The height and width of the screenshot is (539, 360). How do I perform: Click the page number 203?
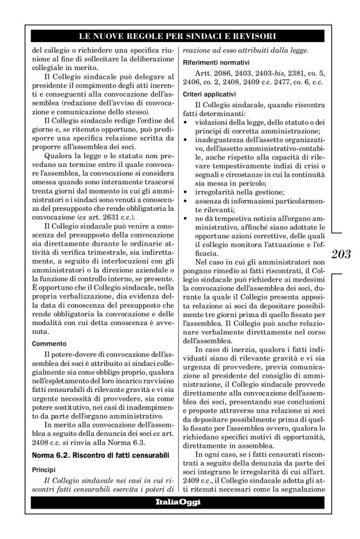341,254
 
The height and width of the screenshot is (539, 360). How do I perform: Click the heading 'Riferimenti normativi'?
216,63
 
